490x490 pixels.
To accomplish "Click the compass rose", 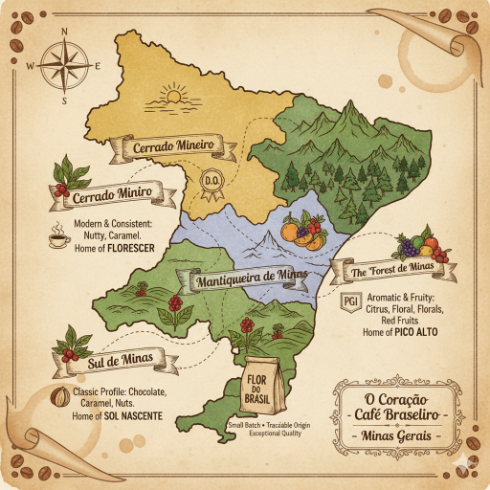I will point(64,65).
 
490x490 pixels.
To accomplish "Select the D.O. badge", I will point(213,179).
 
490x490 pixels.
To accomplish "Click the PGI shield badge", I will point(350,302).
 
